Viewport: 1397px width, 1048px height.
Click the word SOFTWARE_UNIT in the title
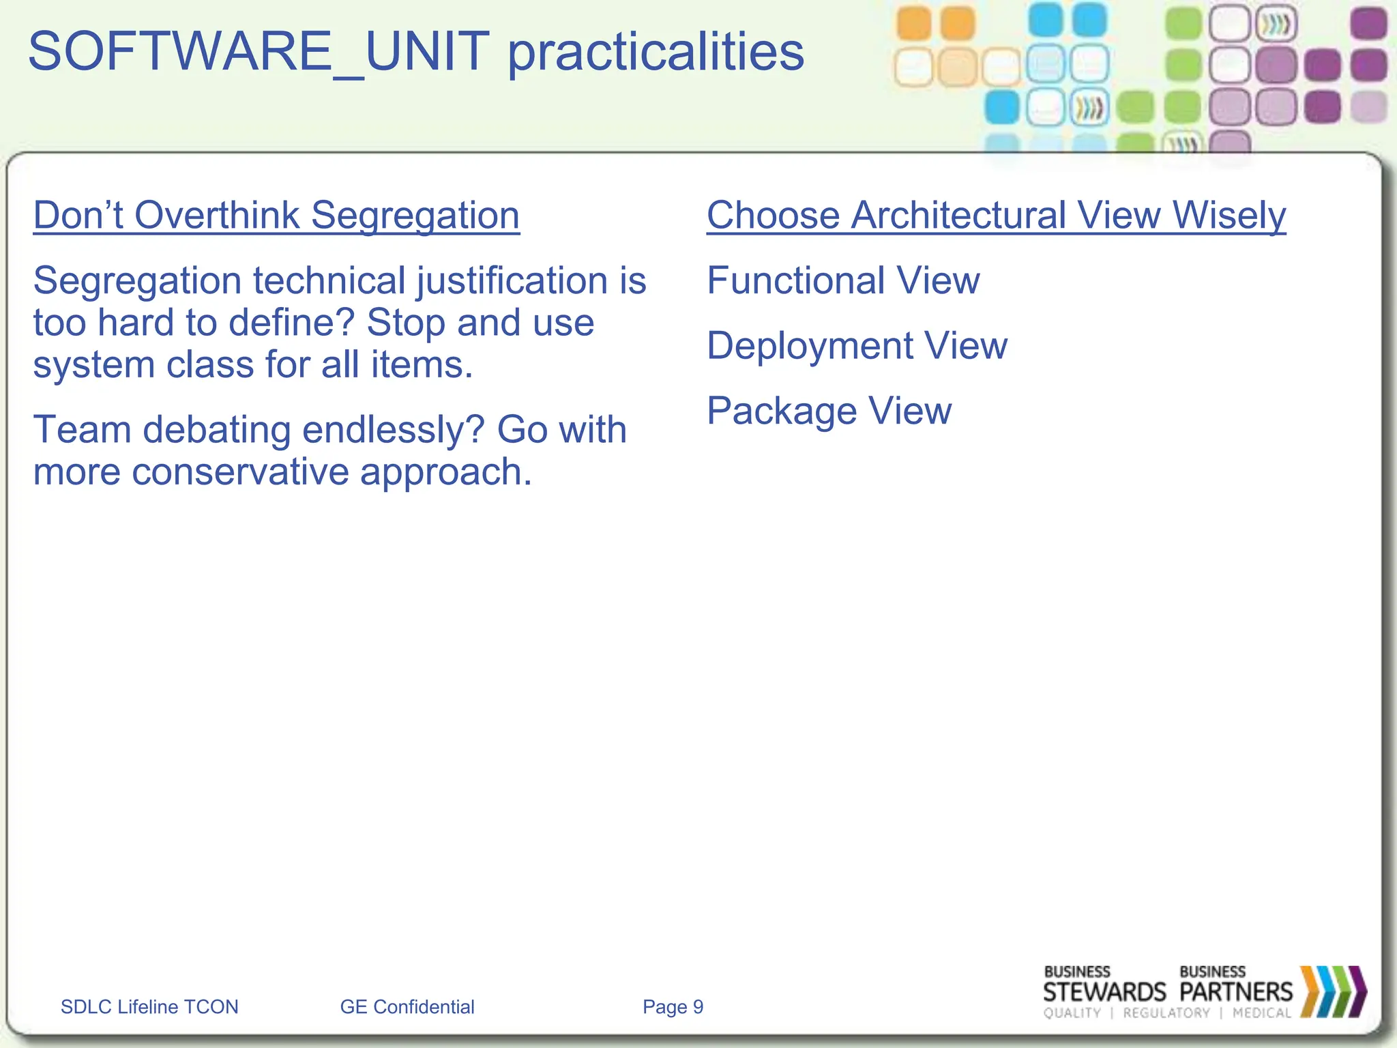point(258,52)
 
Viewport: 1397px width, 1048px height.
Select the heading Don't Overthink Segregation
point(276,216)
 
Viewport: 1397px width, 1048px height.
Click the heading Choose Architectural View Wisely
point(996,216)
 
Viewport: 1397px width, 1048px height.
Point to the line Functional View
point(843,280)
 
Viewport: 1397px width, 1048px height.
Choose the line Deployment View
point(857,346)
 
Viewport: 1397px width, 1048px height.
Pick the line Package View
point(829,411)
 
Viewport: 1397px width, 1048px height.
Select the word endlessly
point(393,430)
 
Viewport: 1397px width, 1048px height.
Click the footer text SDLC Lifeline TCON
point(149,1007)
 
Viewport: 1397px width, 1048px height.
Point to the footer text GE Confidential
point(407,1007)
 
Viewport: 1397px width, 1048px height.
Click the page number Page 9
point(673,1007)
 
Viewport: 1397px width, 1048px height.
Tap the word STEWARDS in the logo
point(1104,991)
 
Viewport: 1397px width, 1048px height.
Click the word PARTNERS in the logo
point(1235,991)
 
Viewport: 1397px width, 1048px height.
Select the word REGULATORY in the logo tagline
point(1166,1013)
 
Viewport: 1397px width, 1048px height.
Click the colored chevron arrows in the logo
point(1333,991)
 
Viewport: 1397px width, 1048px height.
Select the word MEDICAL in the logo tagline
point(1262,1013)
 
